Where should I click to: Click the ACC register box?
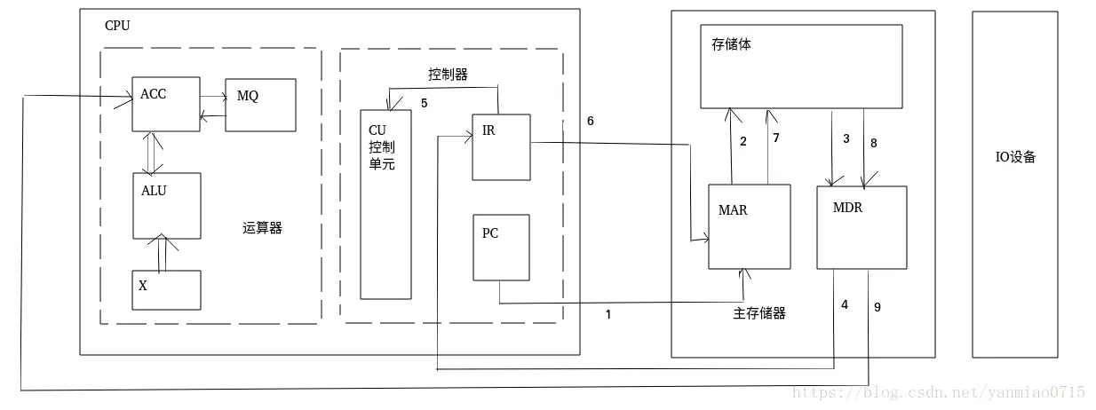165,104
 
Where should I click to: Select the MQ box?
260,105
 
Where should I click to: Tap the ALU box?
166,205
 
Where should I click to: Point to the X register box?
166,289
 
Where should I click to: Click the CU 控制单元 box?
385,204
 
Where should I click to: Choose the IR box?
500,146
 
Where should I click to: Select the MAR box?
748,226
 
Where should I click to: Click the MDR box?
861,226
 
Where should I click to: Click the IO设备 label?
1014,158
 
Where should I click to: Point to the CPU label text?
117,26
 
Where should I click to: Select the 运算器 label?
262,228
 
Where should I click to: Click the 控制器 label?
448,75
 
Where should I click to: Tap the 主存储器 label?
758,313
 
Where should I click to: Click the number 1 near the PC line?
608,314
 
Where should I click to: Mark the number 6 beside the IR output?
591,120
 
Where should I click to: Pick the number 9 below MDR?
878,307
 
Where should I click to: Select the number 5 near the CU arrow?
424,103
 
